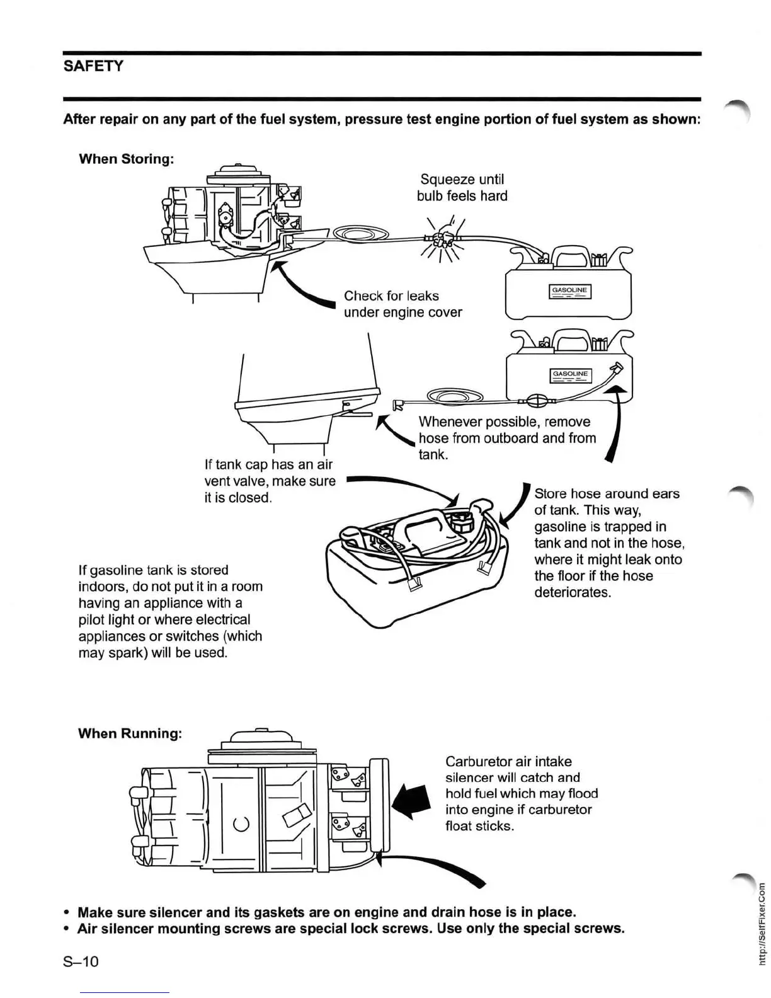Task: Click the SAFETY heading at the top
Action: [93, 66]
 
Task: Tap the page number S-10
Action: [81, 961]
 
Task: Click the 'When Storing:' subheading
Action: [126, 159]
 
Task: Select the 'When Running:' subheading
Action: [130, 733]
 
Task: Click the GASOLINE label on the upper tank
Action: [569, 290]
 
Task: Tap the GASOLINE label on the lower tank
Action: [570, 374]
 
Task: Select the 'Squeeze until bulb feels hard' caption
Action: [462, 188]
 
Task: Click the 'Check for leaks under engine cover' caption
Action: [403, 304]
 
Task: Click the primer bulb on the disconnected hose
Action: [537, 401]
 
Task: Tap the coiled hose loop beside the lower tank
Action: [454, 396]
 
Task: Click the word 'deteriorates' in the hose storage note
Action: [571, 592]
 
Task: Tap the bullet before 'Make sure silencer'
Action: [66, 912]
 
